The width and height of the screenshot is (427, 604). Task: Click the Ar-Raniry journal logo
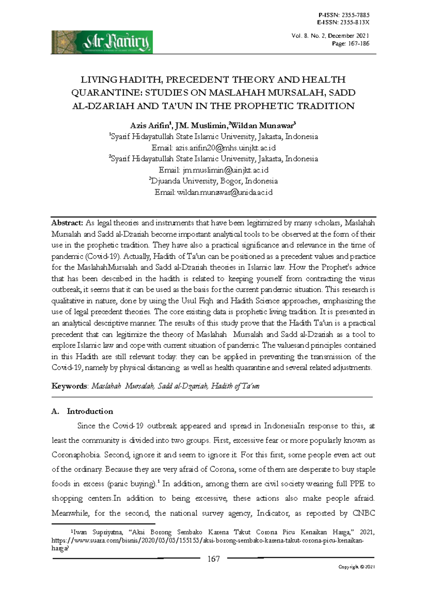102,42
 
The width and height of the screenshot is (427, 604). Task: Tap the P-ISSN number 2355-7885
355,15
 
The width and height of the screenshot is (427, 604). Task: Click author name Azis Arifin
149,126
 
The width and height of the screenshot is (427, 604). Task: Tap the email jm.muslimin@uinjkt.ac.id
225,170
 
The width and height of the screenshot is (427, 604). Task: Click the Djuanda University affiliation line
213,181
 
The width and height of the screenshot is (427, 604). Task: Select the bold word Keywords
69,386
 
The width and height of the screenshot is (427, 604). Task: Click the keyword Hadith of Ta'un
235,386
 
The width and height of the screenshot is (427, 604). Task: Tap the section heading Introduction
90,411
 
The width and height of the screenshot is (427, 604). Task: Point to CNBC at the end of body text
364,513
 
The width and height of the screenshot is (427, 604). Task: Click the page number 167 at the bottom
213,559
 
